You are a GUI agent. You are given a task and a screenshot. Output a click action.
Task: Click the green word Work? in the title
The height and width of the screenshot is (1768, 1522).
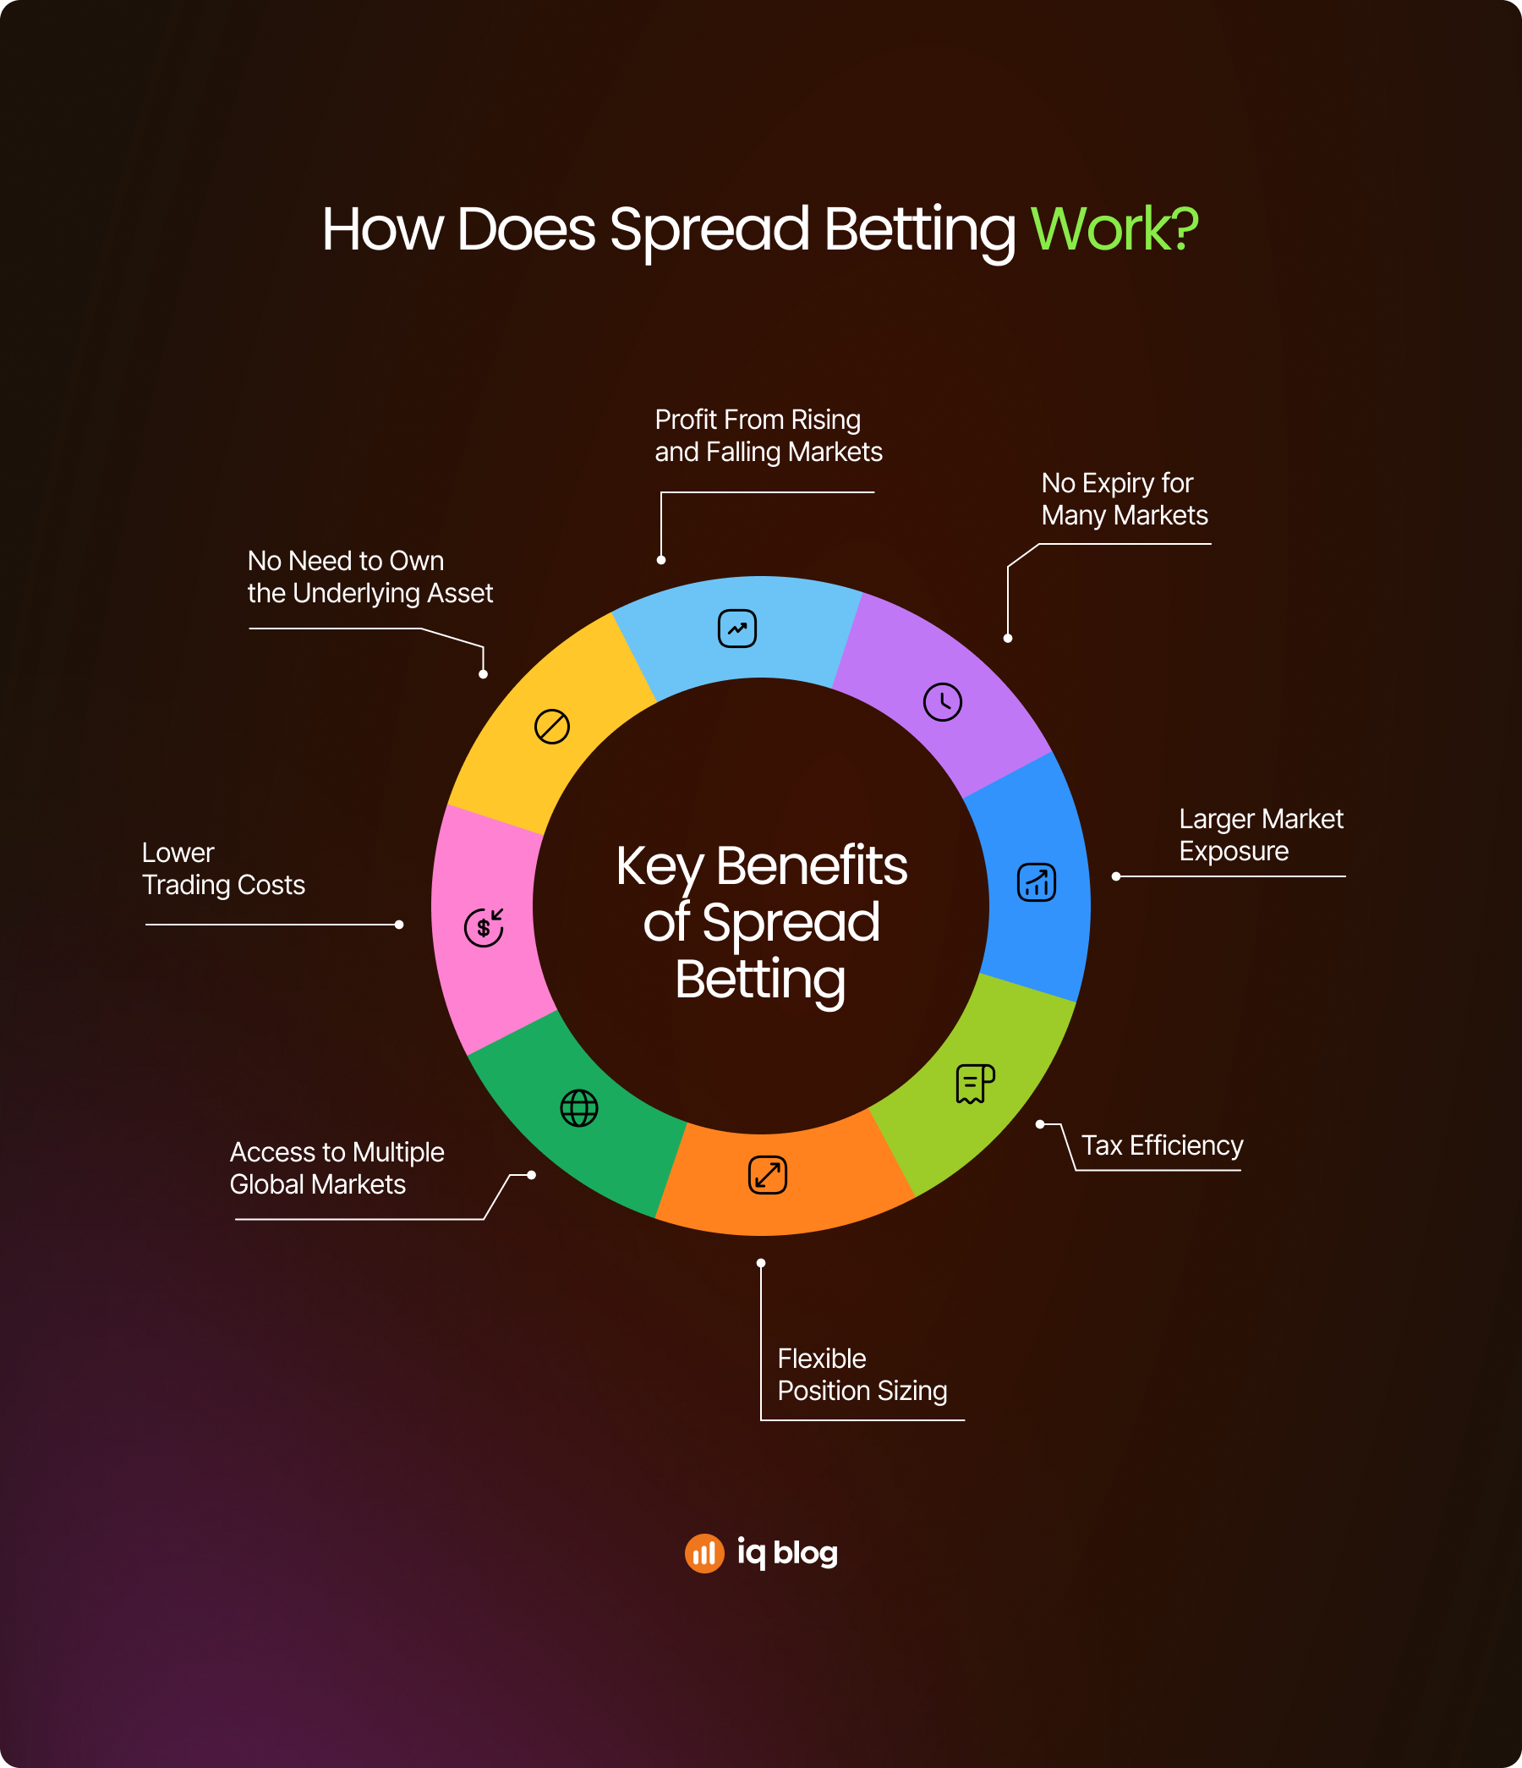(1114, 228)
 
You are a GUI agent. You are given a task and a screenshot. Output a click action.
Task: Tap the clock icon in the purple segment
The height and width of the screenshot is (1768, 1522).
(943, 702)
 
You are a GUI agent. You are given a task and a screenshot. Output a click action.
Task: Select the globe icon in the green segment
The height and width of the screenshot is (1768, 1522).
(579, 1108)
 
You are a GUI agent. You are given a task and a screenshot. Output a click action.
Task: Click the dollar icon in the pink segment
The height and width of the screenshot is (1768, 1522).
(484, 926)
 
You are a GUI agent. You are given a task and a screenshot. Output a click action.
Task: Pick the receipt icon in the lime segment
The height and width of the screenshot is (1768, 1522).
(975, 1084)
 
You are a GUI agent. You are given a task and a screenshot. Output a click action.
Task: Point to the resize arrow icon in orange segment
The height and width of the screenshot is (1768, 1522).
(768, 1175)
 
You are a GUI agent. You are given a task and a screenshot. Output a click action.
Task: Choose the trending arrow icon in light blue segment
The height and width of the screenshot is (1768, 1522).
(737, 629)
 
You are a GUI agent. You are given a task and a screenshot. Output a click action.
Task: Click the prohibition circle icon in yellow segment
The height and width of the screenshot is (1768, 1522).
(552, 727)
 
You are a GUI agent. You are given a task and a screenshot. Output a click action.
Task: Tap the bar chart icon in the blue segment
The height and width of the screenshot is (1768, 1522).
(1037, 882)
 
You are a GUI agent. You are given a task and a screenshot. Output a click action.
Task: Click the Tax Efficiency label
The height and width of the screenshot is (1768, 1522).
(1162, 1145)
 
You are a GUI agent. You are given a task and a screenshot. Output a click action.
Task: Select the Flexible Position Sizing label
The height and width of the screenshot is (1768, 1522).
(862, 1374)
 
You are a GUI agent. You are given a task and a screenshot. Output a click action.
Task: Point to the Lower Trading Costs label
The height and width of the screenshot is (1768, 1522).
(223, 869)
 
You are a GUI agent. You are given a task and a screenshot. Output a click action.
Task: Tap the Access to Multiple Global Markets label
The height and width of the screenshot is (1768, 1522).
(337, 1168)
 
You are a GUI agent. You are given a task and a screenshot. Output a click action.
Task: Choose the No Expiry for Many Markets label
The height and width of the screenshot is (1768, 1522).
(1125, 499)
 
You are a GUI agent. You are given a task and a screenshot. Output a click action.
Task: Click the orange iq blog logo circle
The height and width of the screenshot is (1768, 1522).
(704, 1553)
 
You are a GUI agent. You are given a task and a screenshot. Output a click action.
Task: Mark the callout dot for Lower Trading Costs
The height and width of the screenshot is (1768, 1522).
(399, 924)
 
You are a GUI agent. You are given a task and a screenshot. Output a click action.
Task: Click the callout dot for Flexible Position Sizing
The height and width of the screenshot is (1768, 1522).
(761, 1263)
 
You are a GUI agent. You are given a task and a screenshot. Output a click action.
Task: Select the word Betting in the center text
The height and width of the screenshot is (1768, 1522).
(760, 980)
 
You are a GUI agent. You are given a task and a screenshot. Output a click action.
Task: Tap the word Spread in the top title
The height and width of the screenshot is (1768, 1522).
(709, 228)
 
